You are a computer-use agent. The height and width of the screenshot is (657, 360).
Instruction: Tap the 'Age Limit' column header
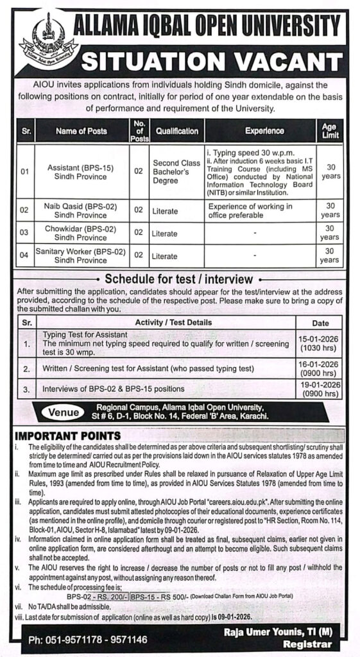(329, 131)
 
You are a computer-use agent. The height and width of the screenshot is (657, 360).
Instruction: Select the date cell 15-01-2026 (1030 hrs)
(329, 344)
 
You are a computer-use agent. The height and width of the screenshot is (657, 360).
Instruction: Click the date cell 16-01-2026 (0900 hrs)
(329, 368)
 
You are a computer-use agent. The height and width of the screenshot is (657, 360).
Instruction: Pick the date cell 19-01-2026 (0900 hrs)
(329, 389)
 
